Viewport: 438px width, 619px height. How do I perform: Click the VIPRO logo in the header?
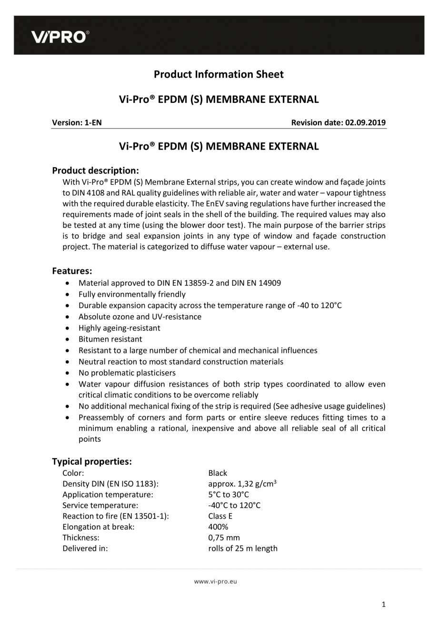[60, 37]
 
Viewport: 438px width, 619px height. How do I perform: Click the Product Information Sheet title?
[219, 74]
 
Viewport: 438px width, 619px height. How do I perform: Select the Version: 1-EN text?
[77, 122]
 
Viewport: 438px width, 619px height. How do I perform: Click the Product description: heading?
[95, 170]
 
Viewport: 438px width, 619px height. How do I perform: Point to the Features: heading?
[72, 271]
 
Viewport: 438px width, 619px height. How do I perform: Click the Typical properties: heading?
[92, 461]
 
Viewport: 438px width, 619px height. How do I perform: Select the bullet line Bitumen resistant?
[110, 339]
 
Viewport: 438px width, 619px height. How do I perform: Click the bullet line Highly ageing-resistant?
[119, 328]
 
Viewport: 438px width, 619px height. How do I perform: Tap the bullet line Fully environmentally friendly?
[132, 294]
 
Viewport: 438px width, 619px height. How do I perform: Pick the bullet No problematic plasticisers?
[127, 373]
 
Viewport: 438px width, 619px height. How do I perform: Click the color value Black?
[218, 473]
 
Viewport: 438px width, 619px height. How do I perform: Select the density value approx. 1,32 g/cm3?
[242, 484]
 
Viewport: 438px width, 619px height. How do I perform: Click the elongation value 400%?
[218, 527]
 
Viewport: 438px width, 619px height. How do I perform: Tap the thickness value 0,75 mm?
[224, 538]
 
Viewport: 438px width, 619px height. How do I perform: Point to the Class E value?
[220, 516]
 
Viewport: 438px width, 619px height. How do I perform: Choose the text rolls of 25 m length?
[243, 548]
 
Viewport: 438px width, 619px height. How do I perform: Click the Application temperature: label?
[108, 495]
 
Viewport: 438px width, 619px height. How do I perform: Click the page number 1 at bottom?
[384, 605]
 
